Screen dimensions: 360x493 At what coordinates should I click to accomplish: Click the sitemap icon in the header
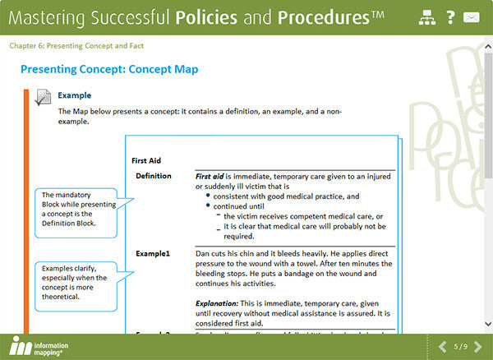(426, 17)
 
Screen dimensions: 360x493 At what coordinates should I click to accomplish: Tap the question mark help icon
(450, 17)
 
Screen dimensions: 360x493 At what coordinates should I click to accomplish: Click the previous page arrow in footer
(443, 345)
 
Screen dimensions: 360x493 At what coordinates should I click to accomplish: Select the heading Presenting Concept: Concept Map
(108, 70)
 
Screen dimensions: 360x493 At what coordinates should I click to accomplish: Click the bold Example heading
(74, 95)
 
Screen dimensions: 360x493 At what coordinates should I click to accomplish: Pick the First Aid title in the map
(147, 160)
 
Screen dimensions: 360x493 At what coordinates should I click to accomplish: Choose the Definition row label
(154, 176)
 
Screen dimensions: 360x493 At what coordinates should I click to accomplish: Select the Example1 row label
(153, 253)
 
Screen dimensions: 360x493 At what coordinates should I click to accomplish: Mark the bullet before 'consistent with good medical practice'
(206, 197)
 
